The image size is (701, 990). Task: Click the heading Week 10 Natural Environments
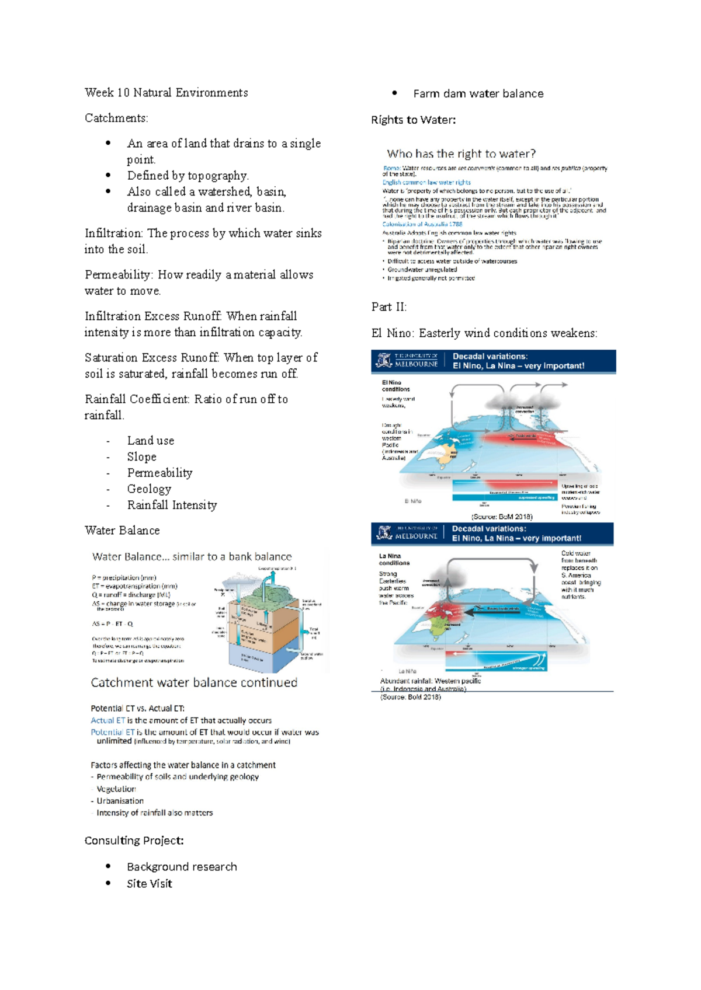click(x=166, y=93)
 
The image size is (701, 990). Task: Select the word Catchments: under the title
click(x=116, y=118)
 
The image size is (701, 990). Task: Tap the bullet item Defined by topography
click(x=188, y=176)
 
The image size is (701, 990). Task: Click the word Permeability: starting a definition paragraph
click(x=118, y=275)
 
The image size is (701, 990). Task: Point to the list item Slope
click(x=141, y=457)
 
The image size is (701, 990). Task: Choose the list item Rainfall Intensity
click(x=172, y=506)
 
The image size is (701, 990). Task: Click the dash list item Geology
click(x=149, y=489)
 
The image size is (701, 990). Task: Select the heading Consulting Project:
click(x=134, y=841)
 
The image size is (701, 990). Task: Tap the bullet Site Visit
click(x=149, y=884)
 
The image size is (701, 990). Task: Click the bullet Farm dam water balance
click(x=478, y=94)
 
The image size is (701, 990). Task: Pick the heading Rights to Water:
click(x=413, y=120)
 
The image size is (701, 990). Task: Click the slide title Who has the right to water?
click(x=461, y=154)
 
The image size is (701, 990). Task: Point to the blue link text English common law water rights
click(x=426, y=182)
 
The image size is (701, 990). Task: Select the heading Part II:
click(x=388, y=307)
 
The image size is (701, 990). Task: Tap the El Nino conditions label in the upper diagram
click(x=395, y=386)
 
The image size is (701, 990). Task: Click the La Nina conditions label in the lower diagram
click(x=394, y=560)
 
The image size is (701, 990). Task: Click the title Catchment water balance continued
click(x=194, y=683)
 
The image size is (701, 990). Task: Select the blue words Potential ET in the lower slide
click(x=112, y=732)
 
